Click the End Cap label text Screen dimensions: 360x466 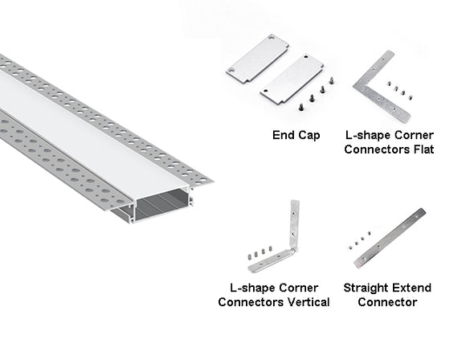tap(295, 135)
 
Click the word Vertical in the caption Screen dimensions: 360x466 tap(302, 302)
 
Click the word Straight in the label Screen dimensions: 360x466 tap(366, 288)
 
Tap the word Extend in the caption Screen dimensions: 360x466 tap(413, 288)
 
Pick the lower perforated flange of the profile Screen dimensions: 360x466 tap(48, 153)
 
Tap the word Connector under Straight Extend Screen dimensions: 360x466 tap(388, 302)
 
